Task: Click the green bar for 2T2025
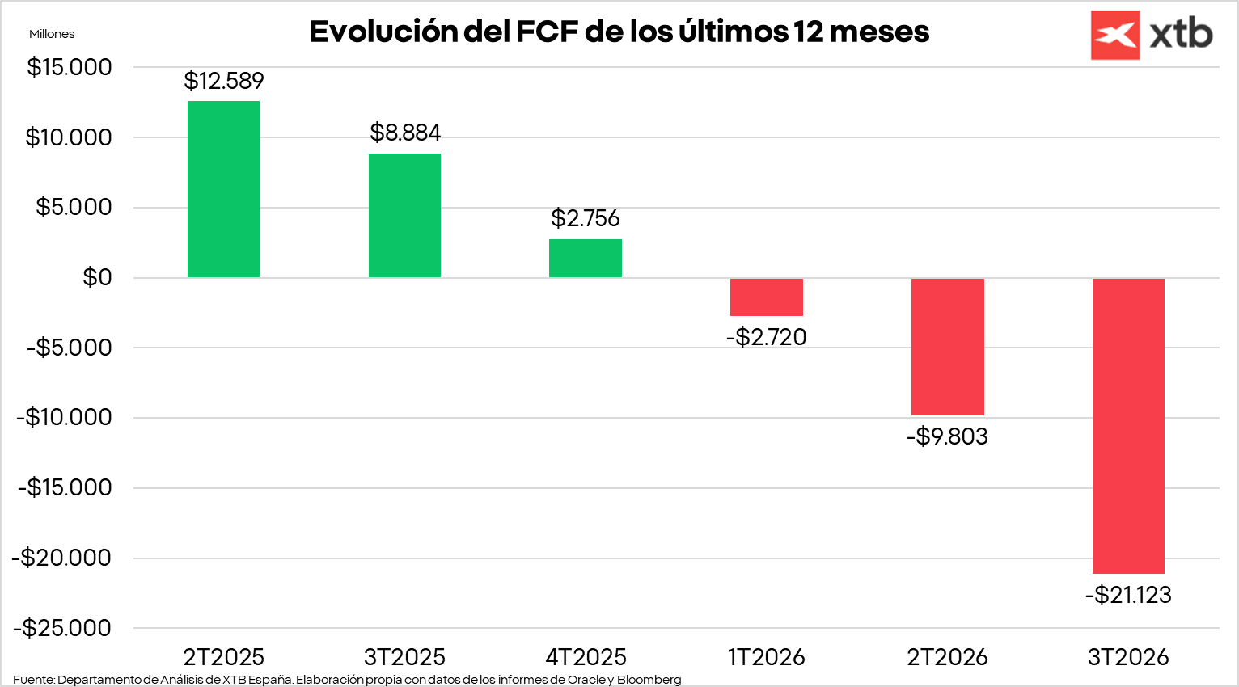point(223,189)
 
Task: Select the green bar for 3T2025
point(404,215)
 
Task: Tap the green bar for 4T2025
point(586,258)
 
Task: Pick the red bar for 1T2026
point(766,297)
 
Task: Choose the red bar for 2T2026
point(947,346)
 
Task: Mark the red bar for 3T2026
point(1128,425)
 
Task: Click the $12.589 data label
point(224,81)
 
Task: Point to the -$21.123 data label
point(1128,595)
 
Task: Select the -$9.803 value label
point(947,436)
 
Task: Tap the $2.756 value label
point(586,218)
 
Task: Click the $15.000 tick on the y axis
point(70,67)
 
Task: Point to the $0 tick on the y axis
point(97,277)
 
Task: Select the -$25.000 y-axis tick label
point(62,628)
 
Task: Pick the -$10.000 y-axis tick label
point(65,417)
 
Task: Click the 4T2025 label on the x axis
point(586,657)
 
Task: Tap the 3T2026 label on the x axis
point(1128,657)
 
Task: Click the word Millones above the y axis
point(52,34)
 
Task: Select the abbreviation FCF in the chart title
point(546,32)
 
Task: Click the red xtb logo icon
point(1114,35)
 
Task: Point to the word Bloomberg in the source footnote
point(649,680)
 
